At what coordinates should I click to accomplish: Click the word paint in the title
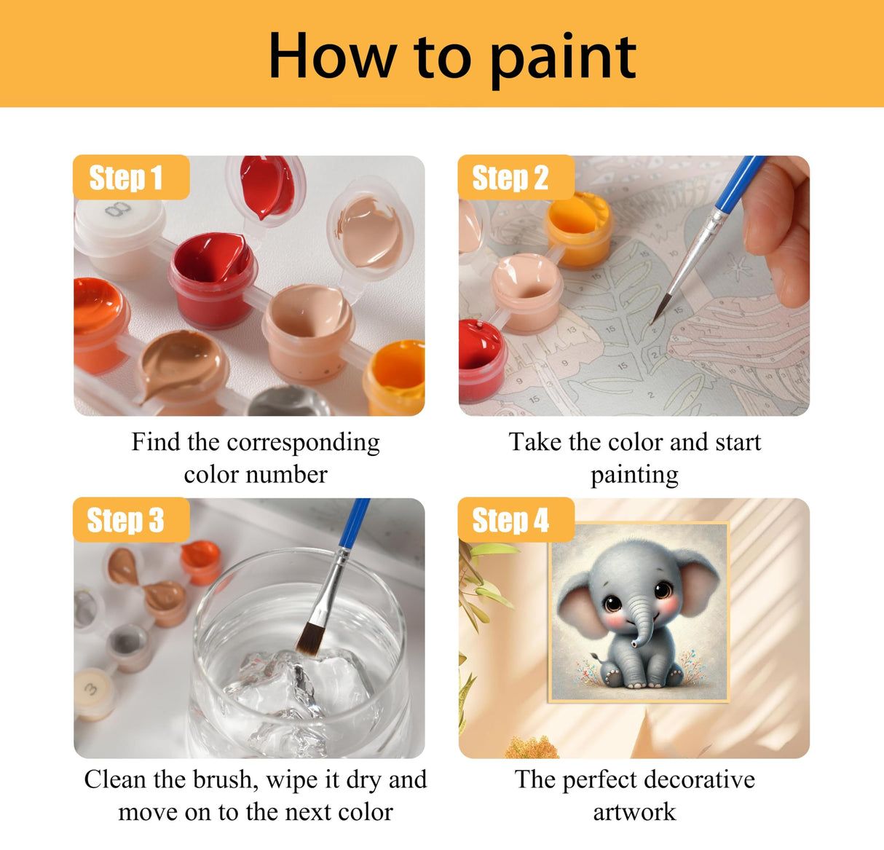coord(564,58)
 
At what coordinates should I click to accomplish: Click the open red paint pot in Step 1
coord(212,273)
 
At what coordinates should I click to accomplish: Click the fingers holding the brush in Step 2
coord(779,233)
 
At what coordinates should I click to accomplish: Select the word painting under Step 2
coord(634,475)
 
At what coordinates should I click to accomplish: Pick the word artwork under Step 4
coord(634,811)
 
